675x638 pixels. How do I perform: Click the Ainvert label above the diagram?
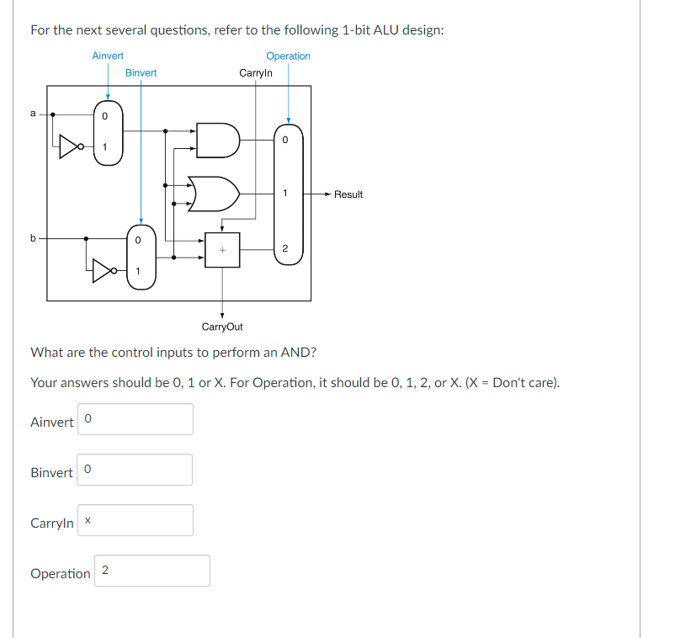click(x=108, y=56)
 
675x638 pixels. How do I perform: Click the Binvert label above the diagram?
click(x=141, y=73)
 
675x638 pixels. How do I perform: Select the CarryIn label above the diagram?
click(x=256, y=73)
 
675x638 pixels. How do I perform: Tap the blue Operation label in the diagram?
click(x=288, y=56)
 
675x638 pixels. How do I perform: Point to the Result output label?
click(x=348, y=194)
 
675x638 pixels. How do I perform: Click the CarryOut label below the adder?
click(x=222, y=327)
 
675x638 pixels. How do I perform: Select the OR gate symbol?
click(x=214, y=194)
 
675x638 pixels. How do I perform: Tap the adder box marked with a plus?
click(x=222, y=250)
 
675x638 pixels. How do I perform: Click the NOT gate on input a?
click(x=72, y=148)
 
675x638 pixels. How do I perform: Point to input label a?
click(x=33, y=114)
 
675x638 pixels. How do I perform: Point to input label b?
click(x=33, y=238)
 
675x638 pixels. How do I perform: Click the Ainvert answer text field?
click(x=136, y=419)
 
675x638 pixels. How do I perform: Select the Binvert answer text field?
click(x=136, y=470)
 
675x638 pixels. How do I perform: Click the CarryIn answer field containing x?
click(x=136, y=520)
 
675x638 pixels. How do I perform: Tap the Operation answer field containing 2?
click(x=152, y=571)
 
